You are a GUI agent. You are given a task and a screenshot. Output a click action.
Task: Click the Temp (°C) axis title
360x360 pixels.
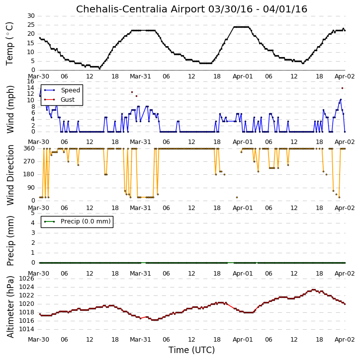(x=9, y=44)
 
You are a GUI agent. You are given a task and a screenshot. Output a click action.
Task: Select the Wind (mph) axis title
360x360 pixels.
(x=10, y=110)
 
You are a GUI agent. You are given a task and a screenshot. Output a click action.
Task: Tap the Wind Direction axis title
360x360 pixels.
(x=10, y=175)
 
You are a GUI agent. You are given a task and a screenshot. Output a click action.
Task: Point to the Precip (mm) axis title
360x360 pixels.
(x=10, y=241)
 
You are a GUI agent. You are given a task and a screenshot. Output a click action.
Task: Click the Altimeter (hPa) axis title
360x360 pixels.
(x=10, y=307)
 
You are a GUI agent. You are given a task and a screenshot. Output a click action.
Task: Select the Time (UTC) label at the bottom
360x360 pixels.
(x=191, y=350)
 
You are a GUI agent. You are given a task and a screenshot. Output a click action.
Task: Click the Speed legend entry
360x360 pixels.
(x=62, y=90)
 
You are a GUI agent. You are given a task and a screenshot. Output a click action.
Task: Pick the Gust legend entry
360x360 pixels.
(x=59, y=100)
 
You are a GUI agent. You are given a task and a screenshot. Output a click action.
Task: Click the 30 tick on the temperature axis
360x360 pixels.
(x=31, y=16)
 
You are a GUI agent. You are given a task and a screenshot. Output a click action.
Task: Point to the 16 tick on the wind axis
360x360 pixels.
(x=30, y=81)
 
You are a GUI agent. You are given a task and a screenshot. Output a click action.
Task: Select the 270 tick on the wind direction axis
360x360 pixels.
(x=29, y=161)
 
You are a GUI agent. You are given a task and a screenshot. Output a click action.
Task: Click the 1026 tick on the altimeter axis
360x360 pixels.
(x=27, y=279)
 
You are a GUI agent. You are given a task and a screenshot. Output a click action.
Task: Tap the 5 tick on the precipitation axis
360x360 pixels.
(x=33, y=213)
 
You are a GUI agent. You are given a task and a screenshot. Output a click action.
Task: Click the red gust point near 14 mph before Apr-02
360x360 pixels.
(x=342, y=88)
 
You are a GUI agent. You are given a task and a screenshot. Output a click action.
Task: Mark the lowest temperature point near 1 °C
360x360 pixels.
(x=99, y=69)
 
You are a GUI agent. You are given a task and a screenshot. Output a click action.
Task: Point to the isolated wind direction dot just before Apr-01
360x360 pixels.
(x=237, y=198)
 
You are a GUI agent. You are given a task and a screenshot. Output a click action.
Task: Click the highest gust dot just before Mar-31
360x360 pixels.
(x=132, y=92)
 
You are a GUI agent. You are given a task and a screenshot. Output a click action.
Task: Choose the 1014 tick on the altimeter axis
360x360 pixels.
(x=27, y=329)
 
